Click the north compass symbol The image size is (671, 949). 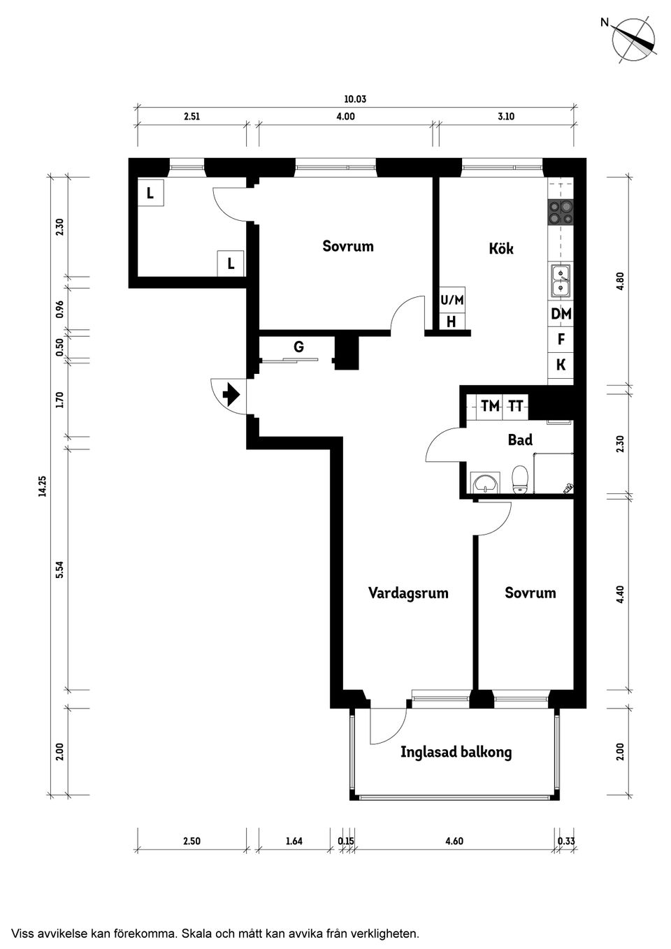coord(633,41)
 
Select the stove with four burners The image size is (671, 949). coord(561,212)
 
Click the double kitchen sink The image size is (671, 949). coord(561,280)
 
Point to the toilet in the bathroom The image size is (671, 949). coord(519,479)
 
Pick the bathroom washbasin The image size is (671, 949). coord(484,483)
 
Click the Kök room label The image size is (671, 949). coord(501,248)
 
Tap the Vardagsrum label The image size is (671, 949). coord(408,593)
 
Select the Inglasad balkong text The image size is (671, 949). coord(456,753)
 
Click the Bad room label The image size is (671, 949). coord(520,440)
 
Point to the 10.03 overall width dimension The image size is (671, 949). coord(355,99)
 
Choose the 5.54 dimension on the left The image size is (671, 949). coord(59,570)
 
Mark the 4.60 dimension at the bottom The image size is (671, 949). coord(454,841)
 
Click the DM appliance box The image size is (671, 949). coord(561,314)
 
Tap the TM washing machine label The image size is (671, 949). coord(490,406)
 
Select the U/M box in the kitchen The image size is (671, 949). coord(452,300)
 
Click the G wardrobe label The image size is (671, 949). coord(298,347)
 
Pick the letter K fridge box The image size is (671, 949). coord(561,365)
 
